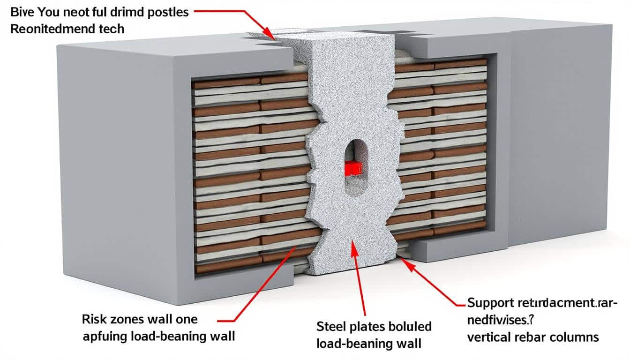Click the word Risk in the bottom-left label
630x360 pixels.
[94, 320]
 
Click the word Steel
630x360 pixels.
[331, 326]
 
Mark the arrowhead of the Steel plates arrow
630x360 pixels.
[352, 247]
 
